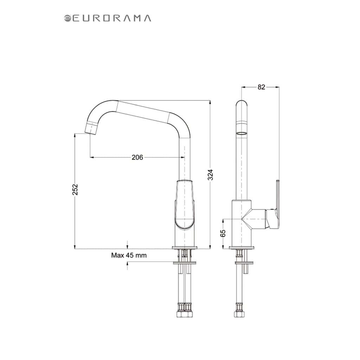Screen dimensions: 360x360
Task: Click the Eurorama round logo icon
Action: (67, 18)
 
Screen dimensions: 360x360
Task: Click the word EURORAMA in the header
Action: (112, 18)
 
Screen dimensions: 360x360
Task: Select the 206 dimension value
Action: (137, 157)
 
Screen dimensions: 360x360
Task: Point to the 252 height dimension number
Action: (75, 189)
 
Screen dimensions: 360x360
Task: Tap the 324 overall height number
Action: (210, 175)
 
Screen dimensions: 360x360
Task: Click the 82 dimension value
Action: (261, 87)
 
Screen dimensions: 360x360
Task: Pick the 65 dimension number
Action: (223, 233)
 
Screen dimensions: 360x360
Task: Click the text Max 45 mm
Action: (129, 255)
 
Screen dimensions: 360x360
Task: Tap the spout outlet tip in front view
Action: (90, 129)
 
